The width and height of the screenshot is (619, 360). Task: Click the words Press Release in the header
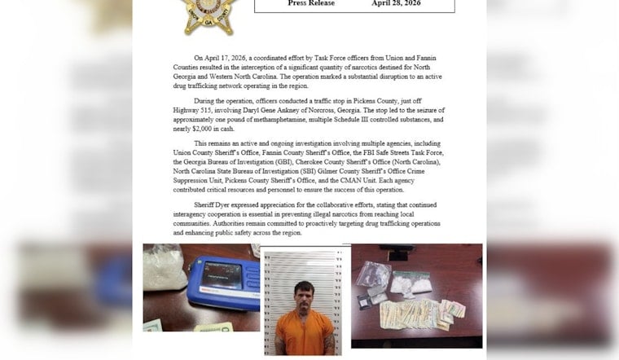pyautogui.click(x=309, y=3)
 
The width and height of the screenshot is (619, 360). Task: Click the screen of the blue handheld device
pyautogui.click(x=223, y=274)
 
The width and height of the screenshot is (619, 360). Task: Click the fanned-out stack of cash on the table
pyautogui.click(x=424, y=312)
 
